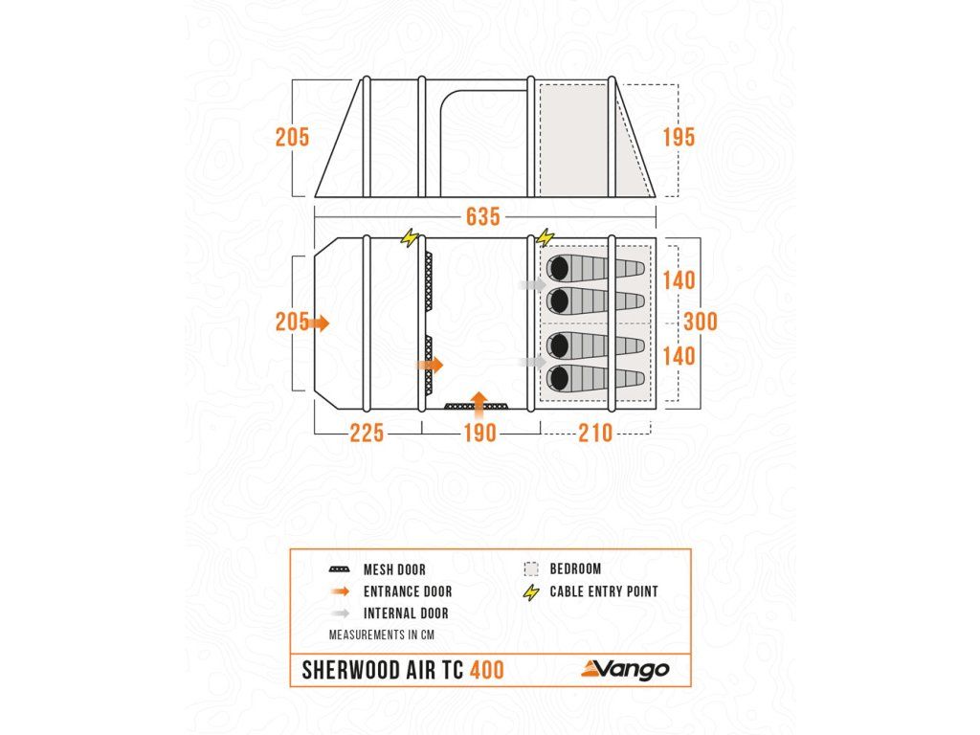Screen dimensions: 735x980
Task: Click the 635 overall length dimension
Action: (x=483, y=217)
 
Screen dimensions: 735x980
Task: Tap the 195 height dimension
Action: (x=679, y=137)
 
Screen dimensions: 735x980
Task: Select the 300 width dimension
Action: (x=701, y=322)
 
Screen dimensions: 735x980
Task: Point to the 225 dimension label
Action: (x=366, y=434)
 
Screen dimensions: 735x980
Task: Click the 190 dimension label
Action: (x=479, y=434)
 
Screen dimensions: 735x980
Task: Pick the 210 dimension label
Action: (x=595, y=434)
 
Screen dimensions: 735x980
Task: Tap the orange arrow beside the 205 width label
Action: (x=320, y=323)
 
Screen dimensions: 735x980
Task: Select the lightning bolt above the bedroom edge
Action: (x=546, y=236)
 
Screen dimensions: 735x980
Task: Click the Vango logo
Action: (x=627, y=669)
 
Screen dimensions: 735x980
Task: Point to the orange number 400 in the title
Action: (x=487, y=670)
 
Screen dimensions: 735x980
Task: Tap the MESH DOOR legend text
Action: (x=394, y=569)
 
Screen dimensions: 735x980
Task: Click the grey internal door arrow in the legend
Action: (x=339, y=613)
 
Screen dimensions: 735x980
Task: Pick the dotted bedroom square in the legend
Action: (x=532, y=568)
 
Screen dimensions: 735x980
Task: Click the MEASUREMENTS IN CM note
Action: (x=380, y=635)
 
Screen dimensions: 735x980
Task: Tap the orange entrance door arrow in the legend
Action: (x=339, y=591)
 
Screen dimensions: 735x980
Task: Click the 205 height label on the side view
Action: (x=293, y=137)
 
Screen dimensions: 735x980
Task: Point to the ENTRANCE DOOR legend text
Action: (x=408, y=591)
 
